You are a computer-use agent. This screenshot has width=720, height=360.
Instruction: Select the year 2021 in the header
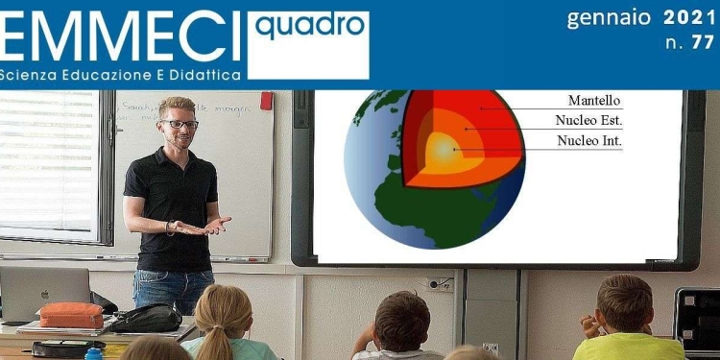point(689,17)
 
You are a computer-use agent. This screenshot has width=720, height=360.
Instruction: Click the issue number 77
point(703,42)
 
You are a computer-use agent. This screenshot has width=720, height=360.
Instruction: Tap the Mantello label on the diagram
point(594,100)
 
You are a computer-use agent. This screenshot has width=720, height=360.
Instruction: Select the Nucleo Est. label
point(588,120)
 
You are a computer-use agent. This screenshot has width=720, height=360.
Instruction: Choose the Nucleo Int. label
point(589,141)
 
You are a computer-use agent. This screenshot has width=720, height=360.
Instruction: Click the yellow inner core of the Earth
point(442,149)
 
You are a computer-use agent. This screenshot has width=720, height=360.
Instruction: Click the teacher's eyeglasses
point(180,124)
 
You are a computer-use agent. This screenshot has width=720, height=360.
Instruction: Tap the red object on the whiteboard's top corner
point(266,101)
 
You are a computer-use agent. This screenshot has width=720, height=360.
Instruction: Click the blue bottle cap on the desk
point(93,353)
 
